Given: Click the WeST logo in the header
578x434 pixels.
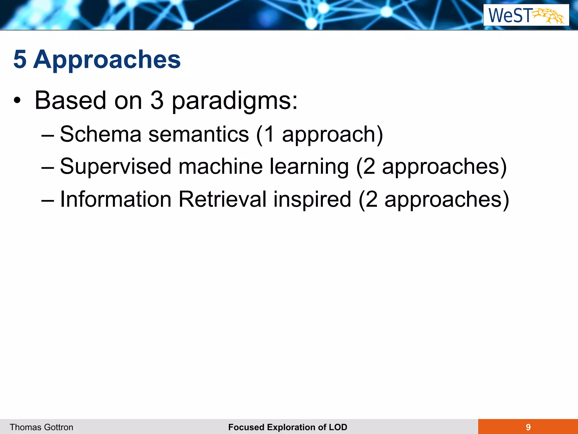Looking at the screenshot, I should pos(526,15).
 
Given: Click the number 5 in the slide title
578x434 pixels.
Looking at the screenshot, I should pos(20,59).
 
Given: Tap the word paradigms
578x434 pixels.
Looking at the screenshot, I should pos(235,101).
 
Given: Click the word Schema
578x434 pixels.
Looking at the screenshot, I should pos(100,134).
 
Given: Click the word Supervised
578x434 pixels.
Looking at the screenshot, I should pos(116,166).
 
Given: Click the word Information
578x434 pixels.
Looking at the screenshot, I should pos(116,199).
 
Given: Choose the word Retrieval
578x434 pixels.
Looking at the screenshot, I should pos(223,199).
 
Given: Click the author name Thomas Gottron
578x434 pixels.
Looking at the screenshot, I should pos(41,427).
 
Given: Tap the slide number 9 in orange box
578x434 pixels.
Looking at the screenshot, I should pos(528,427).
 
